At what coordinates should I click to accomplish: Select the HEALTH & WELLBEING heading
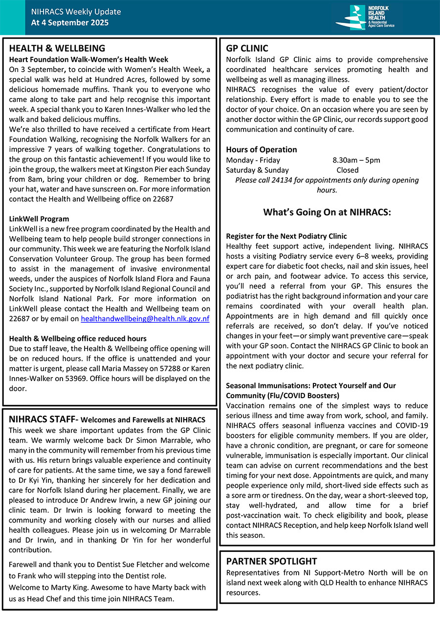[x=57, y=48]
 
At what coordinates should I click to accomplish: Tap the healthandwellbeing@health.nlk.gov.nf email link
[x=145, y=318]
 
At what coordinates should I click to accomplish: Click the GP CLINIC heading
[x=247, y=48]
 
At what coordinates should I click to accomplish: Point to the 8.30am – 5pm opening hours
[x=356, y=160]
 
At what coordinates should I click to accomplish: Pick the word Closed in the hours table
[x=347, y=170]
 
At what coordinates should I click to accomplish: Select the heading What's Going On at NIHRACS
[x=327, y=212]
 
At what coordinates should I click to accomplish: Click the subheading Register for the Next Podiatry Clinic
[x=286, y=236]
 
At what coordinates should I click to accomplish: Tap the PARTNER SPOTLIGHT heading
[x=271, y=561]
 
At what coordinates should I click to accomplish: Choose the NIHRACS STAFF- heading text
[x=44, y=419]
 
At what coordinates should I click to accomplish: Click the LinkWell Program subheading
[x=39, y=219]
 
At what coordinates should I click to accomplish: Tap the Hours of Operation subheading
[x=261, y=149]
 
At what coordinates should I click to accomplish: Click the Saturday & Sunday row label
[x=257, y=170]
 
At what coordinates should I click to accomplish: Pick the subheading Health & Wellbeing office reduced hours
[x=78, y=338]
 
